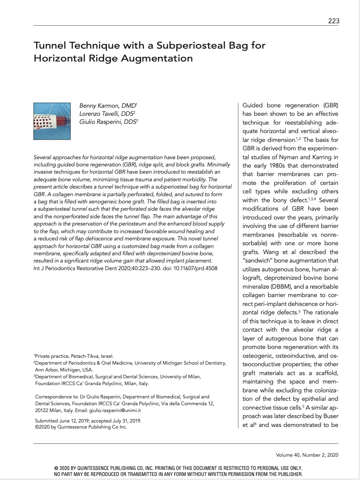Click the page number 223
(x=333, y=21)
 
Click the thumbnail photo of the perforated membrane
(x=52, y=121)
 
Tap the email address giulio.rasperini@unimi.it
(x=117, y=411)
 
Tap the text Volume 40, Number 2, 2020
(x=307, y=455)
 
